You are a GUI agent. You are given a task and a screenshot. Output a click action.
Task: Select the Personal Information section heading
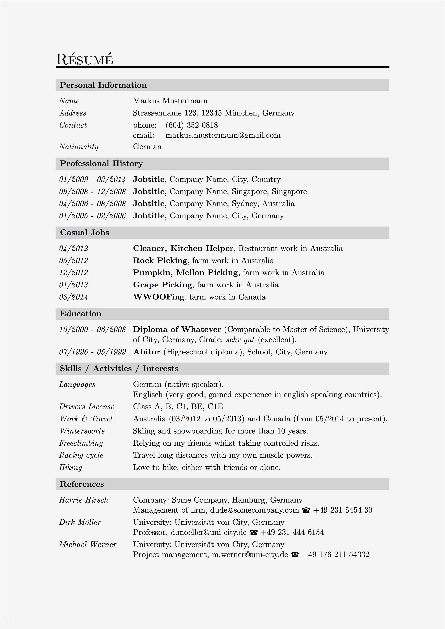click(103, 85)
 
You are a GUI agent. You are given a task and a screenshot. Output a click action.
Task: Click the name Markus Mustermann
click(170, 101)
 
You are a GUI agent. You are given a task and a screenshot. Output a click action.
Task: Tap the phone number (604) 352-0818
click(191, 125)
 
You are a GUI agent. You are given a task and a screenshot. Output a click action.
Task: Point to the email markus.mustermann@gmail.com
click(223, 135)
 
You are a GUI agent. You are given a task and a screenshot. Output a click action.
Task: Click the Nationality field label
click(79, 147)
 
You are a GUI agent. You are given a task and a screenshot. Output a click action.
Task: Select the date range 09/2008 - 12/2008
click(92, 192)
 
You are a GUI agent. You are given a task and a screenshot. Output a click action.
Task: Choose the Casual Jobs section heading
click(84, 233)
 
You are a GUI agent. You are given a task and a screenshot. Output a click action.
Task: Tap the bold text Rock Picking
click(160, 261)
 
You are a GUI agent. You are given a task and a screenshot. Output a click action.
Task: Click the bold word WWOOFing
click(159, 297)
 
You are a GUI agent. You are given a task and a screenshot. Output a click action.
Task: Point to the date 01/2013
click(73, 285)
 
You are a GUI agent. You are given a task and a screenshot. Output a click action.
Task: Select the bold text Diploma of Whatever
click(177, 329)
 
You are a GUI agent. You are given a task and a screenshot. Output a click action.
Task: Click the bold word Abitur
click(147, 352)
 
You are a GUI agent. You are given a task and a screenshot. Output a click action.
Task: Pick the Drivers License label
click(87, 407)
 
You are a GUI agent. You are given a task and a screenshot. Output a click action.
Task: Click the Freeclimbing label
click(81, 443)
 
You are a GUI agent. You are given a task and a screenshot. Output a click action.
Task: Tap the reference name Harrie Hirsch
click(84, 500)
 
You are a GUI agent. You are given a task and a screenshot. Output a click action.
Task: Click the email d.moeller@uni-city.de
click(209, 532)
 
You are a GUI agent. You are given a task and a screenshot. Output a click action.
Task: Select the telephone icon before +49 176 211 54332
click(295, 555)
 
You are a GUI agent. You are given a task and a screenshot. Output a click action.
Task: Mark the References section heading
click(82, 484)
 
